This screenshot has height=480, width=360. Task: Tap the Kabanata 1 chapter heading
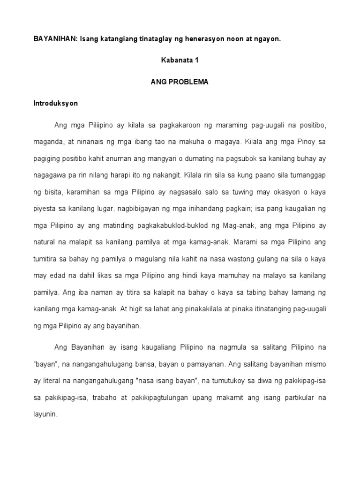click(x=180, y=60)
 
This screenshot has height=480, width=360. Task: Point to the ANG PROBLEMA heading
click(x=180, y=82)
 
